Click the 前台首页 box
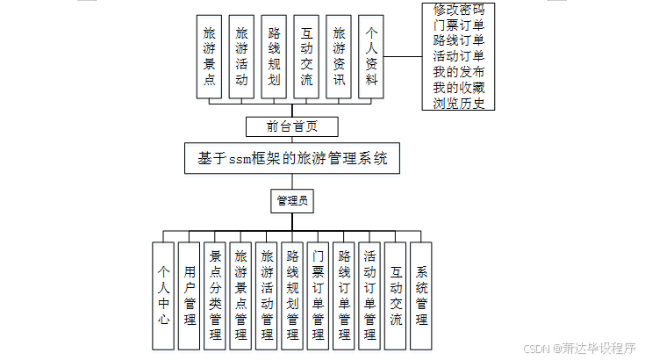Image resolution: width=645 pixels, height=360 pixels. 292,126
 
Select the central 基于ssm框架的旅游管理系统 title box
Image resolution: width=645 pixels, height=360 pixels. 292,159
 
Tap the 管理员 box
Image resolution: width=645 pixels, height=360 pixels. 291,201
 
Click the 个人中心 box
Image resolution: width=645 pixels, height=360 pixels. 163,296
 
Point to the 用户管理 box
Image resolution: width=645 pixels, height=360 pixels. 190,296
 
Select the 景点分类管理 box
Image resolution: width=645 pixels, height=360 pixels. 215,296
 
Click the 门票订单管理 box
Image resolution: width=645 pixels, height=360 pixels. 319,296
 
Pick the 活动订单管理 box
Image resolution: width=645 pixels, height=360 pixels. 369,296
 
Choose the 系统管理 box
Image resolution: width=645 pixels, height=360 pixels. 421,296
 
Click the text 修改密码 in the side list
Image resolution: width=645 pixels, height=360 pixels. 458,10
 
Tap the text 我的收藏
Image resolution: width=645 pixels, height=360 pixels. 458,87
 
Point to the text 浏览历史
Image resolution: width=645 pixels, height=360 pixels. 458,103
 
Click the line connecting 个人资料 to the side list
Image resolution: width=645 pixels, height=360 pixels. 403,55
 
